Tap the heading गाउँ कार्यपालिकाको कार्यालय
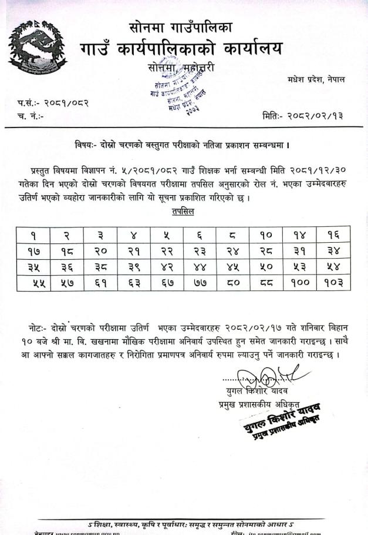(181, 48)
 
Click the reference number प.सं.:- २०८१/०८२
(53, 103)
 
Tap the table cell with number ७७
(200, 283)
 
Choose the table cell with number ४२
(167, 266)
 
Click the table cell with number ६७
(167, 283)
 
